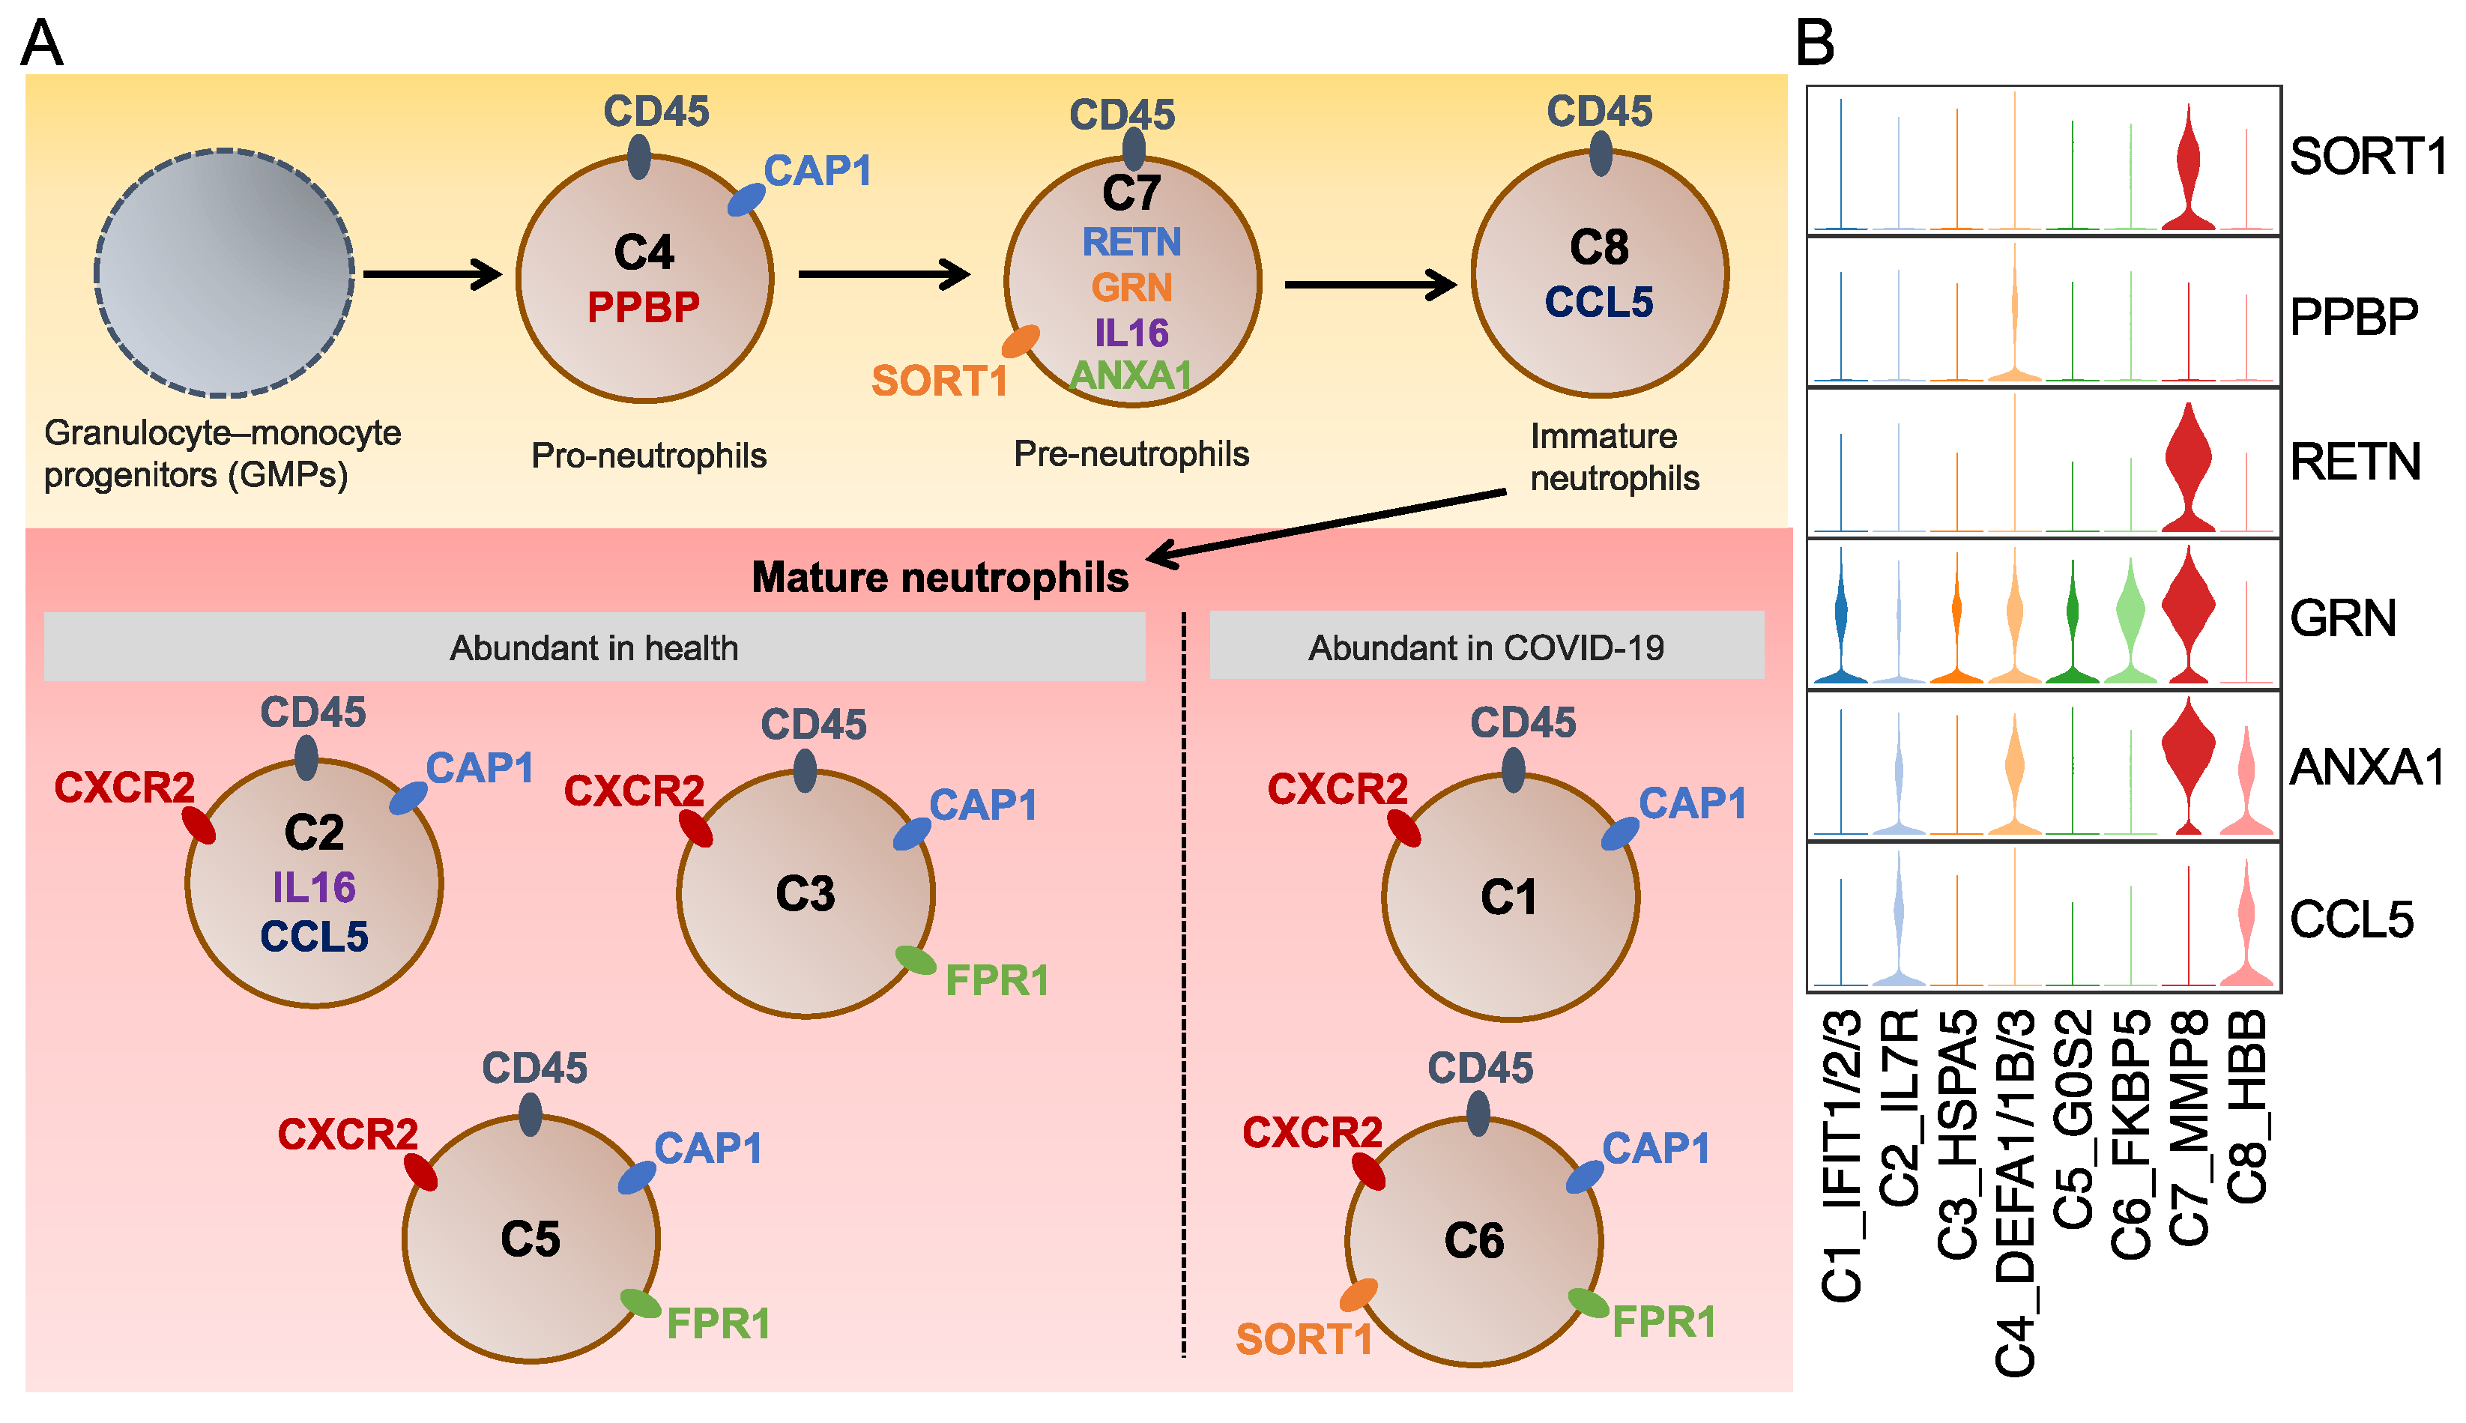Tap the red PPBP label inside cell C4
(643, 308)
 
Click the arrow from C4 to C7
(883, 274)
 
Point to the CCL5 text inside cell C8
(1598, 302)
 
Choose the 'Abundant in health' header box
(594, 646)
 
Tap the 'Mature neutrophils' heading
(940, 578)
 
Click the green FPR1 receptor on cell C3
(916, 960)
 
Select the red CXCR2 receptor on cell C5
(421, 1172)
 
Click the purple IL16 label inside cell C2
(314, 887)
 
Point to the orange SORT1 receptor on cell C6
(1358, 1295)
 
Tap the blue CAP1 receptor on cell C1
(1620, 834)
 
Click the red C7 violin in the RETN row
(2189, 467)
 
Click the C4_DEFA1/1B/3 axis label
(2015, 1192)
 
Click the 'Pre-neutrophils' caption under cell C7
(1131, 453)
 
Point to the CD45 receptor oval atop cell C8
(1601, 154)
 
